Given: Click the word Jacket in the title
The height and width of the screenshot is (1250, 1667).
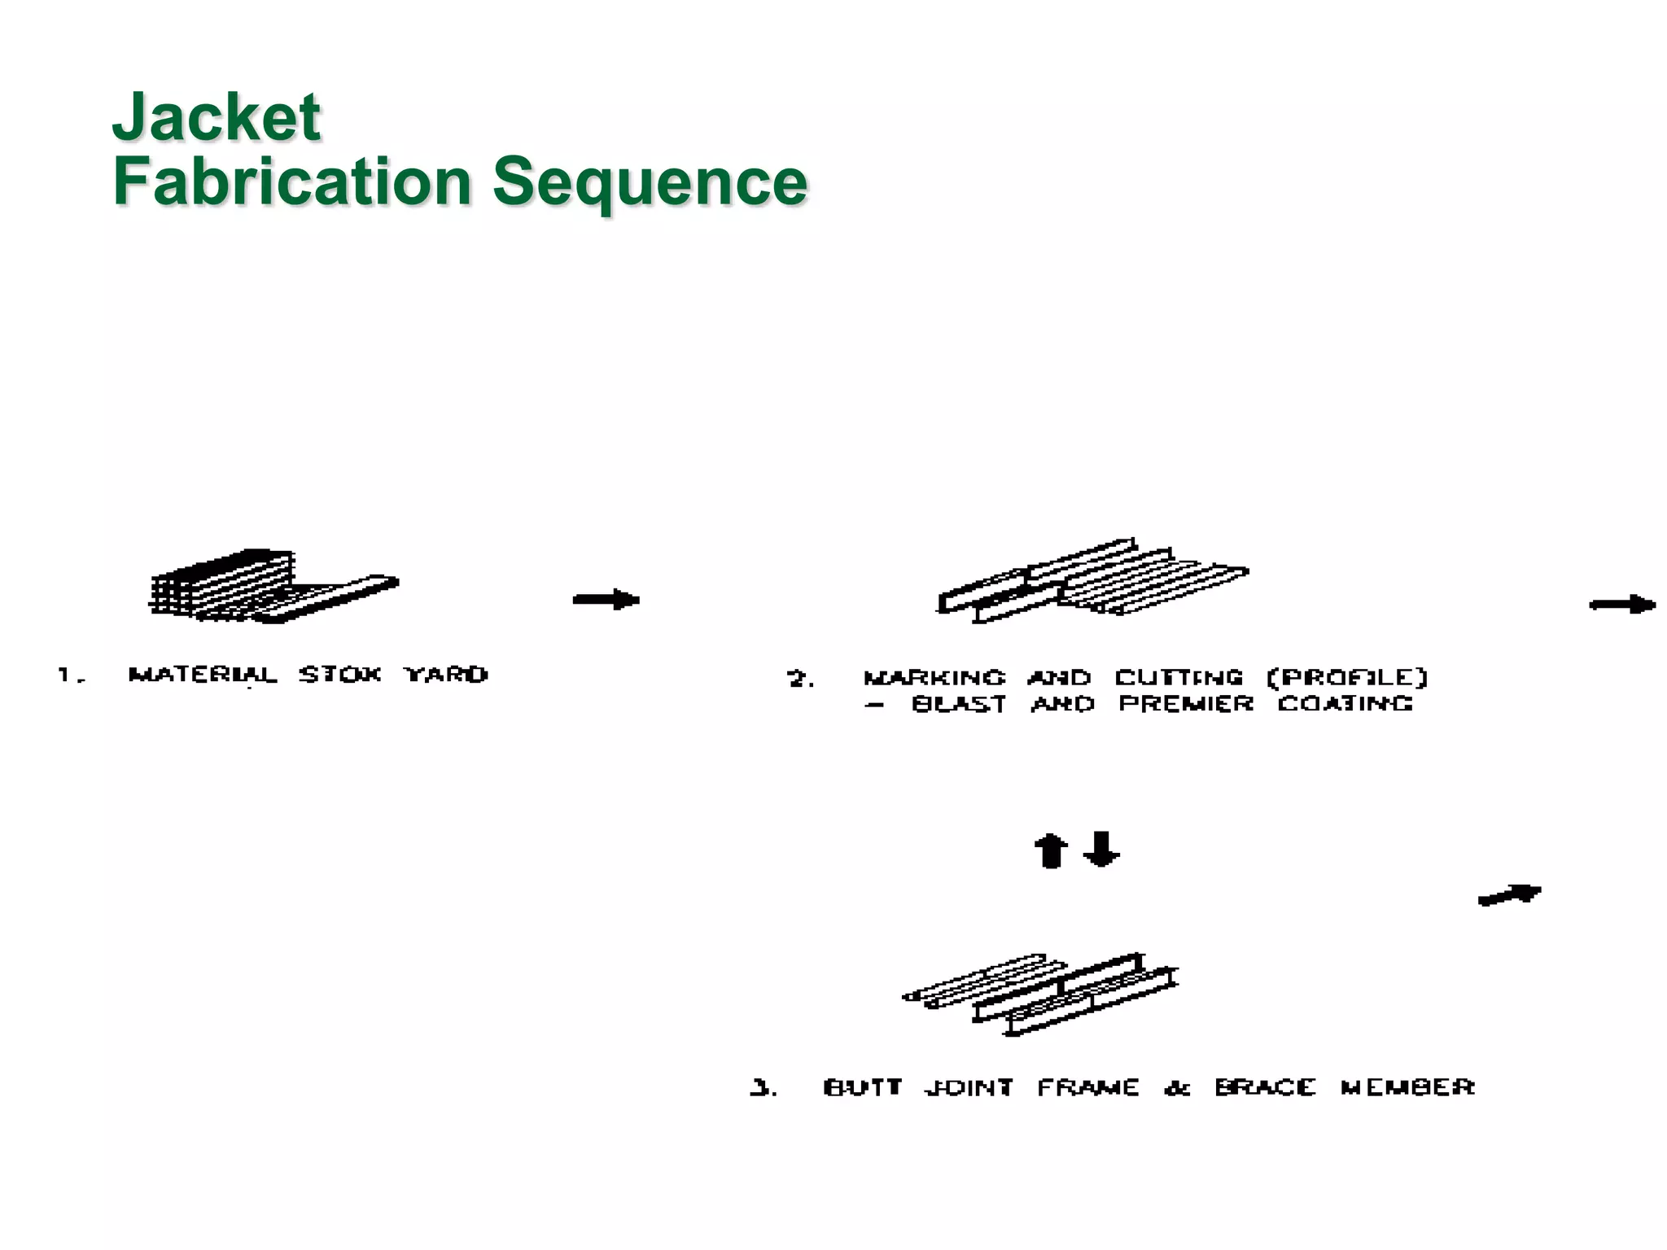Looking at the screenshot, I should [x=216, y=118].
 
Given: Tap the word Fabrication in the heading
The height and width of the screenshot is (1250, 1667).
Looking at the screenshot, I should [x=291, y=181].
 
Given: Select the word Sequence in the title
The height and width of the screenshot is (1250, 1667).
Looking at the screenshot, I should [x=650, y=181].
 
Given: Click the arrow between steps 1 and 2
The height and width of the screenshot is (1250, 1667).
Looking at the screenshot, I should [x=606, y=601].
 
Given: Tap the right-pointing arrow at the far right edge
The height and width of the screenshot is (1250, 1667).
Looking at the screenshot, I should [x=1622, y=605].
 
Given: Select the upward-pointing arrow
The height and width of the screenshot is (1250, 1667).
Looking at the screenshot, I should [x=1050, y=851].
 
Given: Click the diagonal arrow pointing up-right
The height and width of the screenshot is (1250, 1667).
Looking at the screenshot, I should [x=1510, y=895].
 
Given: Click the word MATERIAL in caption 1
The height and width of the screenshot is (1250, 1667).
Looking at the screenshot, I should [x=203, y=675].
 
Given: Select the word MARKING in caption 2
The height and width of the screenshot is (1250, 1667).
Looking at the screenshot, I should [x=934, y=678].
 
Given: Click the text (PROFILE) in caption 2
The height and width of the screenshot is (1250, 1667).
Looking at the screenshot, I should [x=1347, y=678].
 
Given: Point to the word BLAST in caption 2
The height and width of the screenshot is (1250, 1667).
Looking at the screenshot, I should [x=959, y=704].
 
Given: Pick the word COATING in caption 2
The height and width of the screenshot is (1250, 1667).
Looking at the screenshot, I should [x=1345, y=704].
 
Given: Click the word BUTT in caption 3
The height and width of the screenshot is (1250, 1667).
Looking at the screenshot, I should [x=863, y=1088].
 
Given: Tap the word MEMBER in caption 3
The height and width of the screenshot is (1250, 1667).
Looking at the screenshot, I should [x=1407, y=1088].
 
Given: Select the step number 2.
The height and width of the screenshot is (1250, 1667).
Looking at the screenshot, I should [x=799, y=680].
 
